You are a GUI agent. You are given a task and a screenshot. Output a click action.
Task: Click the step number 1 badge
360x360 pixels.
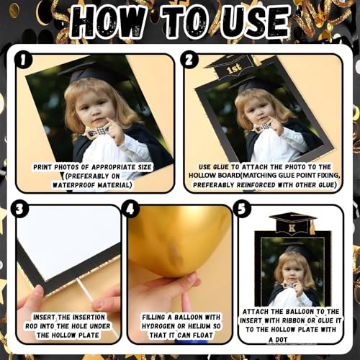click(x=23, y=60)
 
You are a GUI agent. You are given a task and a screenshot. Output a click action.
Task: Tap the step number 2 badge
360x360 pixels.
click(x=189, y=60)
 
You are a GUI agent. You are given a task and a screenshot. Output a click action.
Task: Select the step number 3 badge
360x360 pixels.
click(x=20, y=210)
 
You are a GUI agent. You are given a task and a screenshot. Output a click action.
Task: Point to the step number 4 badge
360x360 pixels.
click(x=130, y=210)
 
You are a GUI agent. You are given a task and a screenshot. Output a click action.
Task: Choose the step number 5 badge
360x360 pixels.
click(x=243, y=209)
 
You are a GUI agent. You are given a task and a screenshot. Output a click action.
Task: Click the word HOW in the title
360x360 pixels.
click(x=108, y=22)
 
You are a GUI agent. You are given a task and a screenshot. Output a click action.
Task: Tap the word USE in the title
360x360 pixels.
click(x=256, y=22)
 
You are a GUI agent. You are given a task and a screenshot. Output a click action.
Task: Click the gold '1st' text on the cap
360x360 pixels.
click(x=234, y=69)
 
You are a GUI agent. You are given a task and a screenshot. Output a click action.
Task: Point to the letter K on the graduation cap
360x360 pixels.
click(x=292, y=228)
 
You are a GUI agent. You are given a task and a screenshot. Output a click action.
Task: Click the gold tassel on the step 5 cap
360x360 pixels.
click(x=312, y=228)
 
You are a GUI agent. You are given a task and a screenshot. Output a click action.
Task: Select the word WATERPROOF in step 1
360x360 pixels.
click(x=74, y=185)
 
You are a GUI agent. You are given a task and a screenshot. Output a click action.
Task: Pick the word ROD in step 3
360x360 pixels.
click(x=32, y=326)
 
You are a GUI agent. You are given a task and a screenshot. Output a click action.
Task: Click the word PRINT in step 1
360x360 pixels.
click(x=42, y=167)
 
